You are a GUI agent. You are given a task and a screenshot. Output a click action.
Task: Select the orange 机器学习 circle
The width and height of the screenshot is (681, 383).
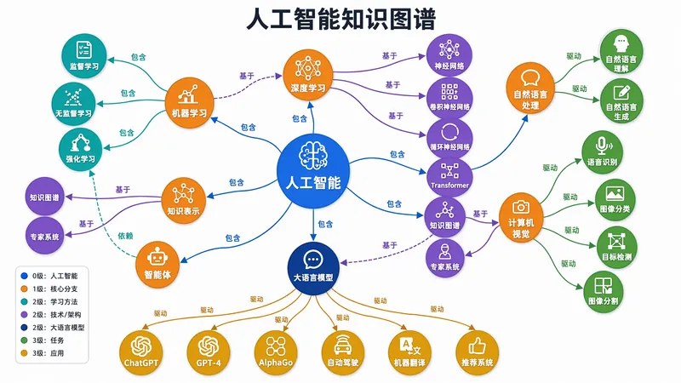pyautogui.click(x=189, y=102)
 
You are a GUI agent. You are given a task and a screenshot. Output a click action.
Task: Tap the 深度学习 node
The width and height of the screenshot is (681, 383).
pyautogui.click(x=308, y=74)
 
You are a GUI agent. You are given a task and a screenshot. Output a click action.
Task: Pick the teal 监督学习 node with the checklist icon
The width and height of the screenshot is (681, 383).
pyautogui.click(x=83, y=56)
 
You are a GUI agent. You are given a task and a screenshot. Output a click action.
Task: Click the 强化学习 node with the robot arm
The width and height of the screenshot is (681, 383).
pyautogui.click(x=80, y=149)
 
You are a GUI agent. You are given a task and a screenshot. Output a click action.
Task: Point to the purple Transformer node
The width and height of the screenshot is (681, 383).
pyautogui.click(x=449, y=176)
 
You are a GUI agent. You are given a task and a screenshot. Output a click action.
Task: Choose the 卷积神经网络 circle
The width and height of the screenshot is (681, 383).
pyautogui.click(x=449, y=97)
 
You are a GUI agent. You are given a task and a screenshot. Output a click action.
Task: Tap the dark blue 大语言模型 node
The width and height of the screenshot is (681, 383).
pyautogui.click(x=313, y=268)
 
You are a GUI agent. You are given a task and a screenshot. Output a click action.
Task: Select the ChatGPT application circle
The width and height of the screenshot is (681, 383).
pyautogui.click(x=141, y=352)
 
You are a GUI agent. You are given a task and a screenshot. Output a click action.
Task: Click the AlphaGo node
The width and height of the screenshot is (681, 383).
pyautogui.click(x=276, y=352)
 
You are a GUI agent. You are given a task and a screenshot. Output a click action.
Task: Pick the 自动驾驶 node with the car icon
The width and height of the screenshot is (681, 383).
pyautogui.click(x=343, y=352)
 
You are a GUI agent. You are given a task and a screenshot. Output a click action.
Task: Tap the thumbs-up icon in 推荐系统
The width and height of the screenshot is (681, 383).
pyautogui.click(x=477, y=346)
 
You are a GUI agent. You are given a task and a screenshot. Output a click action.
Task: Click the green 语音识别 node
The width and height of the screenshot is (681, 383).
pyautogui.click(x=602, y=152)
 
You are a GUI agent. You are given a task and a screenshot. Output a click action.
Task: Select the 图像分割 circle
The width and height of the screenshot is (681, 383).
pyautogui.click(x=603, y=292)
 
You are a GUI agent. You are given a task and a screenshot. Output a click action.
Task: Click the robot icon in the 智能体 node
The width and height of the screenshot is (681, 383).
pyautogui.click(x=157, y=257)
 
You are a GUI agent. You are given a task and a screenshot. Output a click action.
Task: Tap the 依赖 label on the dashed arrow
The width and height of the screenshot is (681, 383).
pyautogui.click(x=125, y=236)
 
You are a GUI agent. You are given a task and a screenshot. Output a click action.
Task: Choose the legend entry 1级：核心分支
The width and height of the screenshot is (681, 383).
pyautogui.click(x=49, y=289)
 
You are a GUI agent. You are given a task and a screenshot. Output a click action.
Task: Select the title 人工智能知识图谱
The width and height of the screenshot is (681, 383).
pyautogui.click(x=341, y=19)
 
